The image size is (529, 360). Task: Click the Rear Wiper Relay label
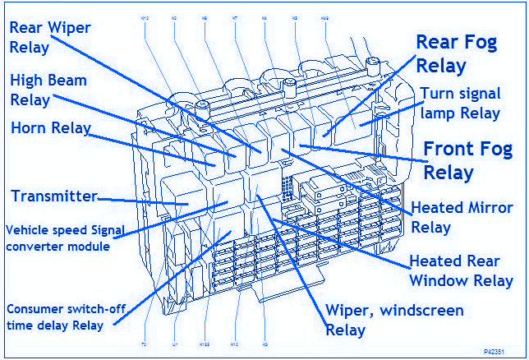tap(49, 37)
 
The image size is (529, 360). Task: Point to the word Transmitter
tap(54, 196)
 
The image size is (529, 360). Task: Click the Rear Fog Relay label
tap(456, 53)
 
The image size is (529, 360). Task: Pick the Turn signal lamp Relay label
tap(459, 103)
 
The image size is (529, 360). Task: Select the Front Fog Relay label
tap(467, 160)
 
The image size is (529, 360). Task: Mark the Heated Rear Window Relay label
tap(461, 271)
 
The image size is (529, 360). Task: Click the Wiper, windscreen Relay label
tap(394, 320)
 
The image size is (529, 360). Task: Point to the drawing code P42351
tap(507, 351)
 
